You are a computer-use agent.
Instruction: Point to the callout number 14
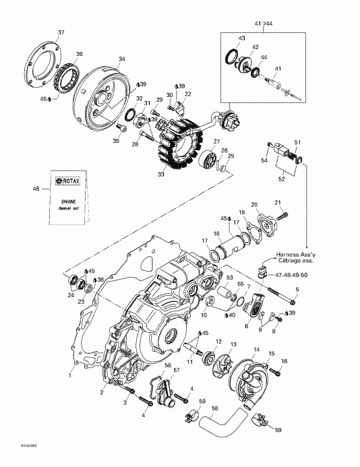256,349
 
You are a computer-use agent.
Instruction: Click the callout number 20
254,204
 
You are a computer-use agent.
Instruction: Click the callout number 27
217,142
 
